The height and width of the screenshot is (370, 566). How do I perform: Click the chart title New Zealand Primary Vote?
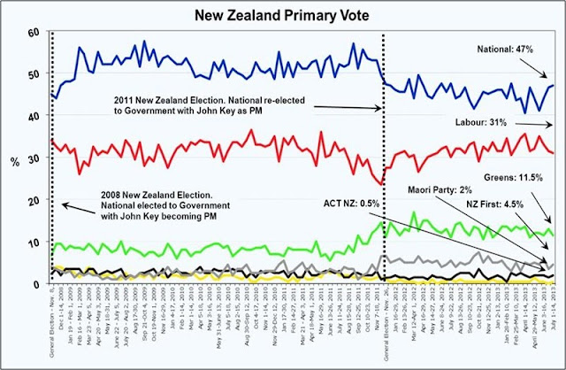[x=283, y=13]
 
